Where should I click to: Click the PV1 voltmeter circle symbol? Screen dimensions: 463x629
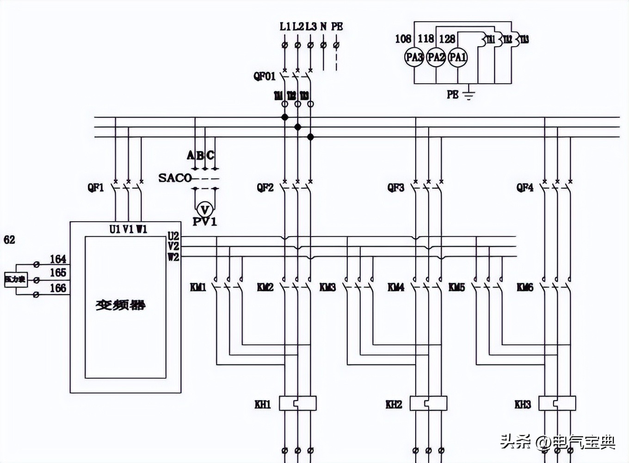pyautogui.click(x=204, y=208)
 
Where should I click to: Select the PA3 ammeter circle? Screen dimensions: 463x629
pyautogui.click(x=414, y=57)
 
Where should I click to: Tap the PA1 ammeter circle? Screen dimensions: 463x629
pyautogui.click(x=457, y=57)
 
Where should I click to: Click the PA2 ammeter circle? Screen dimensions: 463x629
pyautogui.click(x=436, y=57)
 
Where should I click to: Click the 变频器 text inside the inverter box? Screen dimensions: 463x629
pyautogui.click(x=120, y=305)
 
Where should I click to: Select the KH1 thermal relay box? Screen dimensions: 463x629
pyautogui.click(x=298, y=403)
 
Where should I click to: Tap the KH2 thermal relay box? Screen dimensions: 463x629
pyautogui.click(x=429, y=403)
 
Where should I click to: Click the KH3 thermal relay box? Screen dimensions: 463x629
pyautogui.click(x=557, y=403)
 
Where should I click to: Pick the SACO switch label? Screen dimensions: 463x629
pyautogui.click(x=174, y=178)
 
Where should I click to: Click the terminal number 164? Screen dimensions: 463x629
pyautogui.click(x=58, y=259)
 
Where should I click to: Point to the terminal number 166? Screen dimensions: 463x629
pyautogui.click(x=58, y=288)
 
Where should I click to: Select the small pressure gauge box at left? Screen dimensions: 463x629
pyautogui.click(x=16, y=279)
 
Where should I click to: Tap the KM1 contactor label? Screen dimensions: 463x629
pyautogui.click(x=198, y=288)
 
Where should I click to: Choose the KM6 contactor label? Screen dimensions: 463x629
pyautogui.click(x=525, y=288)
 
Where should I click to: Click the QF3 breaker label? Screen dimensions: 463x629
pyautogui.click(x=395, y=188)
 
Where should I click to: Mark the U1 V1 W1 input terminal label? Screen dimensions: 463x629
pyautogui.click(x=128, y=229)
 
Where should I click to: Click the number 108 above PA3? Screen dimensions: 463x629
pyautogui.click(x=403, y=39)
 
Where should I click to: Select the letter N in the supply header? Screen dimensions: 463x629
pyautogui.click(x=323, y=26)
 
